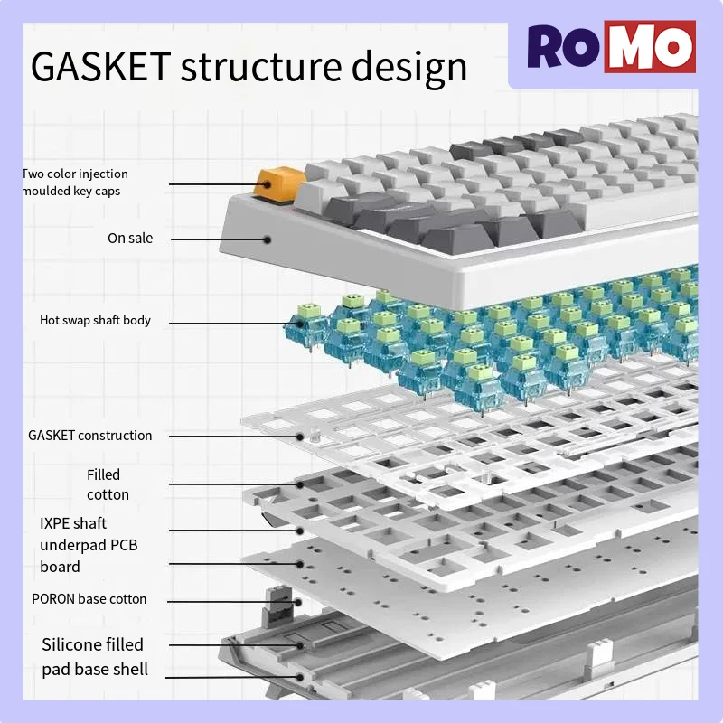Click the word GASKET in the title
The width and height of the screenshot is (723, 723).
coord(99,67)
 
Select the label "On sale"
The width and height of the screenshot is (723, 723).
coord(130,239)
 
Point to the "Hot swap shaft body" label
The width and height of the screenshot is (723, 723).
coord(95,320)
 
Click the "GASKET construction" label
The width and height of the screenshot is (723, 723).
coord(90,436)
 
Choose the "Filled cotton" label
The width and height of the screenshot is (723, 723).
coord(108,484)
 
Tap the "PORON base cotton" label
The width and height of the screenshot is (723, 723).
coord(89,599)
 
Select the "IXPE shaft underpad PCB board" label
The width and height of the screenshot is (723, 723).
coord(89,545)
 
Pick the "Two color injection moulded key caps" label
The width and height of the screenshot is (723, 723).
coord(75,183)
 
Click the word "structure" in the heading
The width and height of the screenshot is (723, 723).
coord(261,67)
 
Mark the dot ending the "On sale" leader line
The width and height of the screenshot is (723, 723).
coord(268,239)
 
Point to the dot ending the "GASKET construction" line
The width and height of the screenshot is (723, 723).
coord(300,437)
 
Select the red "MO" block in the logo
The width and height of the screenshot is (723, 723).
coord(649,47)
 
